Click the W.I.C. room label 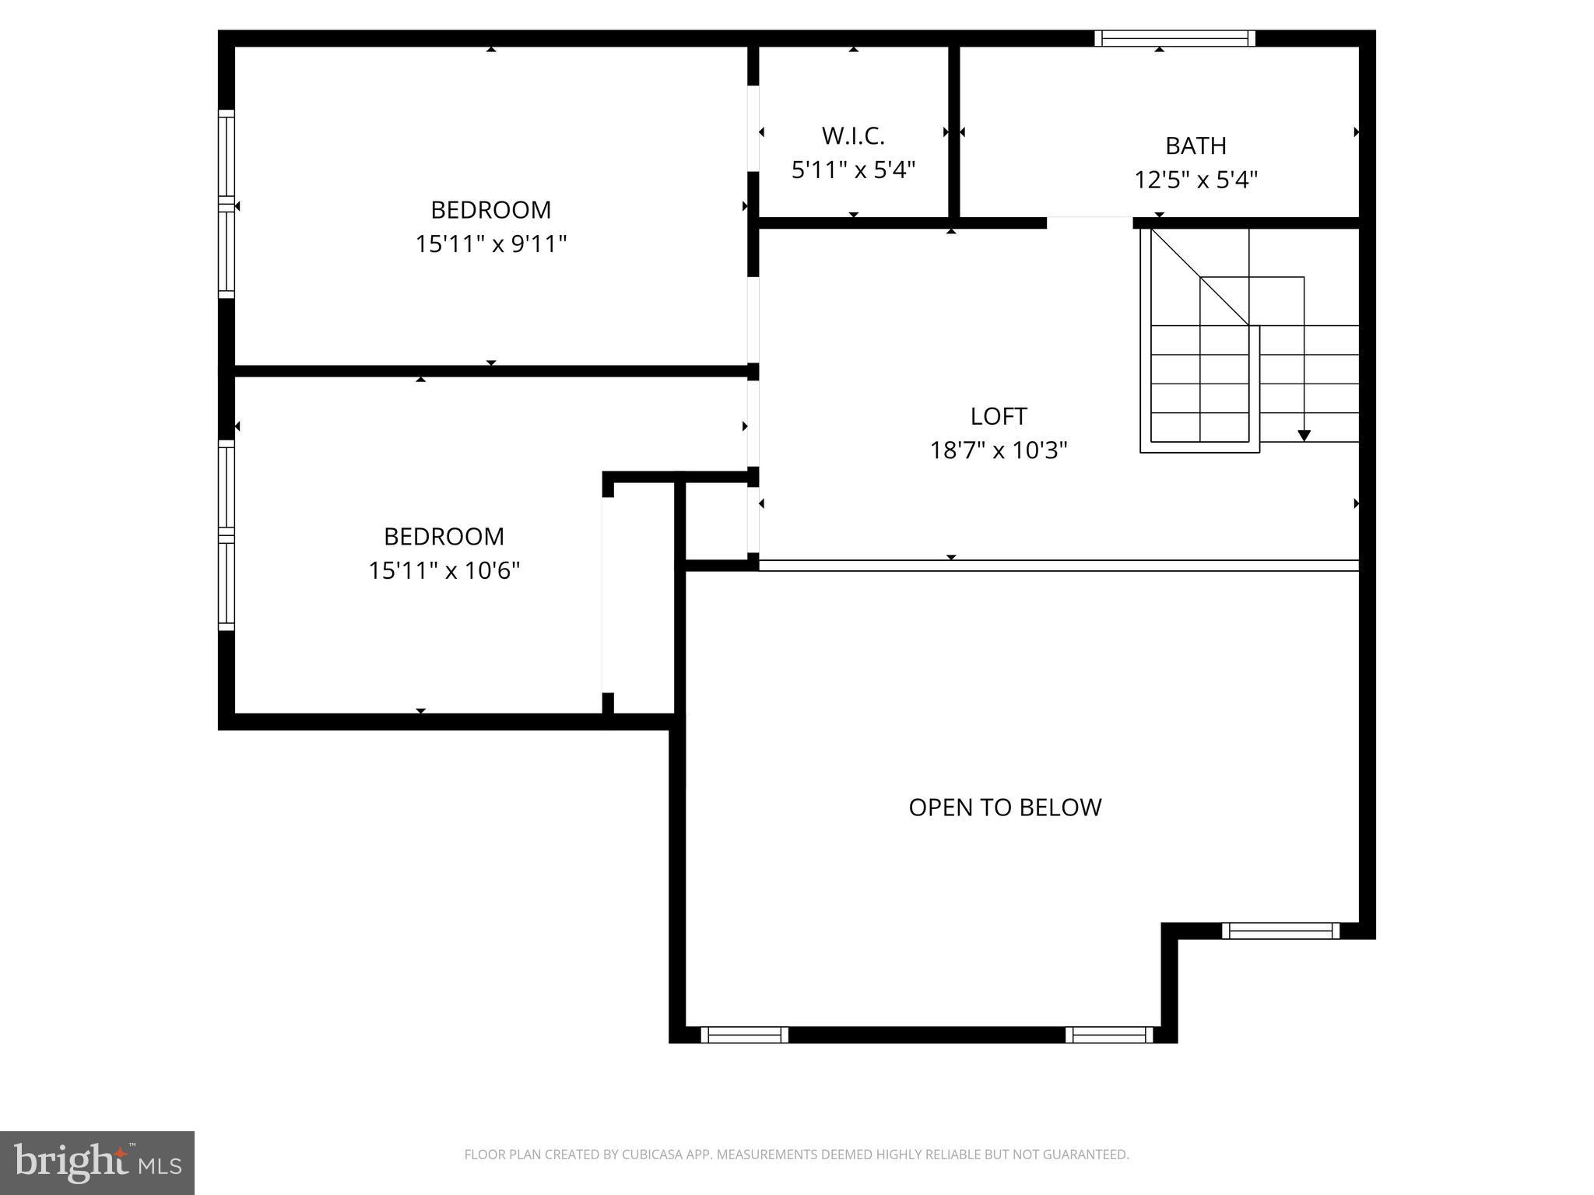point(853,136)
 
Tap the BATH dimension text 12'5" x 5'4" point(1195,180)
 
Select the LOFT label point(999,416)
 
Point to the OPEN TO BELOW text point(1005,808)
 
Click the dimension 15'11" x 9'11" point(490,244)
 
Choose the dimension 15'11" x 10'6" point(444,571)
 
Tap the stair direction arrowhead point(1304,436)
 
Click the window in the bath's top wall point(1174,38)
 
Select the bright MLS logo point(97,1162)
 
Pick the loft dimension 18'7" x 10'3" point(999,450)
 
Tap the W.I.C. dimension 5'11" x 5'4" point(853,170)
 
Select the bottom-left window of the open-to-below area point(744,1035)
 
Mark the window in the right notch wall point(1280,930)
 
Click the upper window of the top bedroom point(226,153)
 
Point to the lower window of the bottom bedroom point(226,584)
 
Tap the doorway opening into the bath point(1089,223)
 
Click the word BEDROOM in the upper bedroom point(490,210)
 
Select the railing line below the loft point(1059,566)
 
